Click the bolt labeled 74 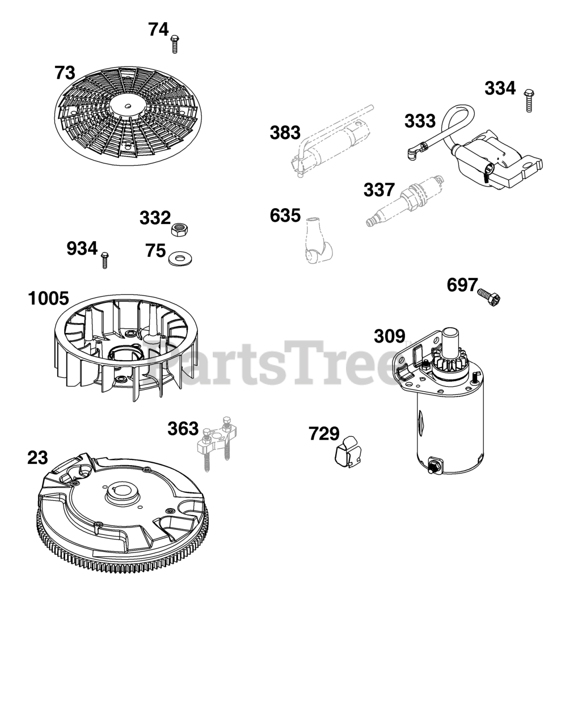(174, 44)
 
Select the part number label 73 (65, 73)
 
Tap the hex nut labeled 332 (180, 230)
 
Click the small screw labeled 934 (105, 260)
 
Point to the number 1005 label (48, 298)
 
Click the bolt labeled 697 (489, 297)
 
